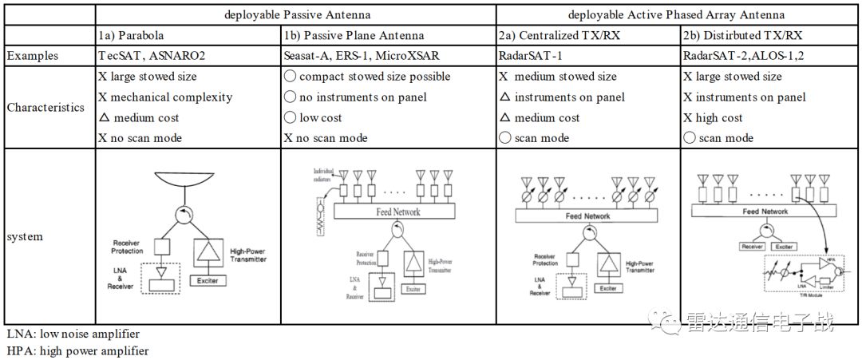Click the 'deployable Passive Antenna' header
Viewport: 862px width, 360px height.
[296, 14]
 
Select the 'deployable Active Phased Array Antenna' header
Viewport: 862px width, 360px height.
[676, 14]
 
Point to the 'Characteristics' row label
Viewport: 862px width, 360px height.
[45, 108]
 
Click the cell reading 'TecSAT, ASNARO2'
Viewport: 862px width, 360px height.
[144, 56]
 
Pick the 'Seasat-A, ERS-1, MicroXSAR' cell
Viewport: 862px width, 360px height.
[361, 56]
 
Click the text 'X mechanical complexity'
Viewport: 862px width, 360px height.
[165, 97]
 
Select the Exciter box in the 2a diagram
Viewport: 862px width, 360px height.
[607, 287]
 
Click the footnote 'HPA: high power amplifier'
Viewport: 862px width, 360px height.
[77, 350]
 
